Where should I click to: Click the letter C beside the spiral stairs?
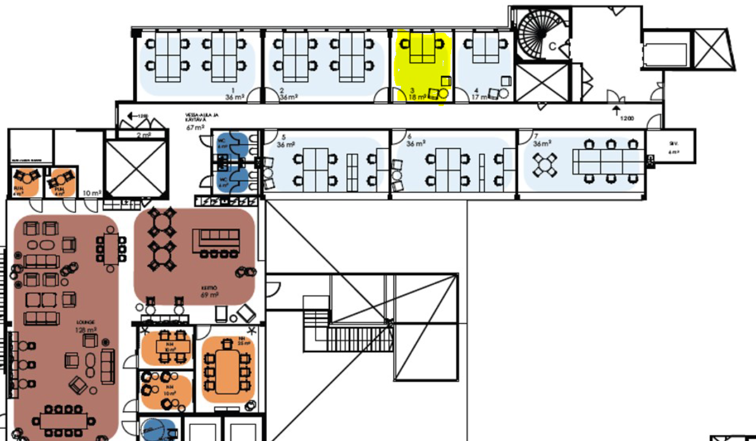553,46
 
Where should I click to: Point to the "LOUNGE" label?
86,322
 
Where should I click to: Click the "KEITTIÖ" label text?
209,287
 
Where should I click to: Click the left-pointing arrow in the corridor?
129,115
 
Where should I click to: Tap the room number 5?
283,137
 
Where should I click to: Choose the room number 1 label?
233,89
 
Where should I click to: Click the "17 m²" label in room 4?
478,97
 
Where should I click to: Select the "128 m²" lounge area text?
86,330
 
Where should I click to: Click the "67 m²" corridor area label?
195,127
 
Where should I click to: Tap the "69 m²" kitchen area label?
209,294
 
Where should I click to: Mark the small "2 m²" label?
143,135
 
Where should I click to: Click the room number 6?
409,137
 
